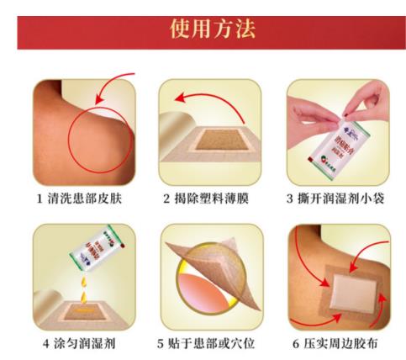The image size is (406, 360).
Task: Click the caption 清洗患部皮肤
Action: point(82,199)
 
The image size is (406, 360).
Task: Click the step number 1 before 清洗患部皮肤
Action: point(40,199)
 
